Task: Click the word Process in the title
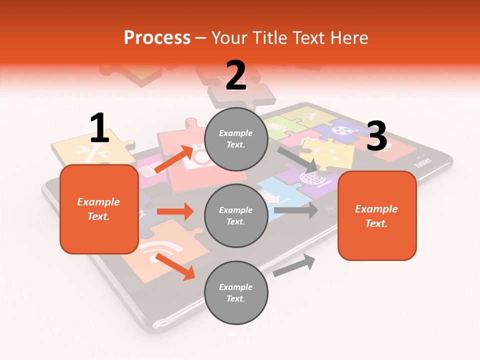click(157, 37)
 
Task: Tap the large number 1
click(99, 128)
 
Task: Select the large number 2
click(236, 75)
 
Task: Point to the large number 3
click(376, 136)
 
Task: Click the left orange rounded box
click(99, 209)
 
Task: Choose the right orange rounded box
click(377, 215)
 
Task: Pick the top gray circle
click(236, 139)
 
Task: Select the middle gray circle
click(236, 215)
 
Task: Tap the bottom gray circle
click(236, 292)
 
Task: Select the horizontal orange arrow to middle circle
click(175, 211)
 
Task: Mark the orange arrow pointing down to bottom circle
click(175, 266)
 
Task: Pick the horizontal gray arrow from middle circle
click(296, 210)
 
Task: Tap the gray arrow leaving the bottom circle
click(294, 265)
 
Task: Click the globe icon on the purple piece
click(308, 177)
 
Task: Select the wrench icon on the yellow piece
click(94, 150)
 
